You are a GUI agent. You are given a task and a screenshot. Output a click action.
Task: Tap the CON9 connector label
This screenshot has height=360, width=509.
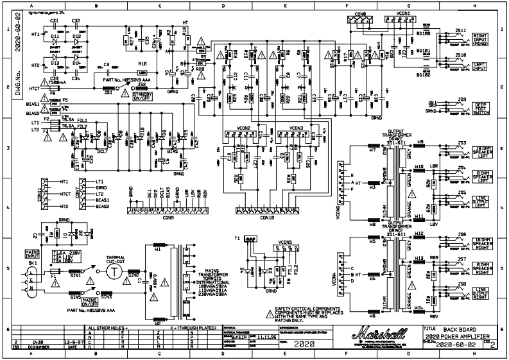168,218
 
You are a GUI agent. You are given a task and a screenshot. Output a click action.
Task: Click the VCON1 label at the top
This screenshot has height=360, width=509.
404,12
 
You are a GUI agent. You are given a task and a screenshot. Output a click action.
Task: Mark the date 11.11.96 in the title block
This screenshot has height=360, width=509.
268,335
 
